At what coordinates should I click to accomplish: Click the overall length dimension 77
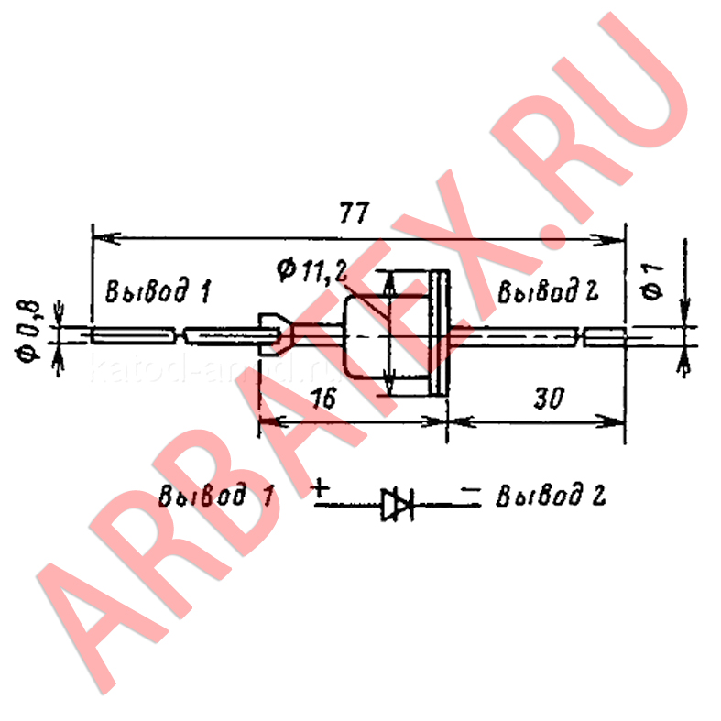click(x=354, y=213)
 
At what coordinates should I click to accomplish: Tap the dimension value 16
click(x=324, y=399)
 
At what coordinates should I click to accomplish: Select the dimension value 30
click(x=549, y=399)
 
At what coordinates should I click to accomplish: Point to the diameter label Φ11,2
click(x=312, y=270)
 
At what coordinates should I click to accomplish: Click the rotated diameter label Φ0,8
click(x=28, y=331)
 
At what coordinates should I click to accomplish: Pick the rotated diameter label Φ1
click(x=653, y=281)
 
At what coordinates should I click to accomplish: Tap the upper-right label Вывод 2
click(x=548, y=290)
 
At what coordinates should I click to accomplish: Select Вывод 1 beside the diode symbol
click(x=216, y=496)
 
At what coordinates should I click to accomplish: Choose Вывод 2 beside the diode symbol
click(x=551, y=496)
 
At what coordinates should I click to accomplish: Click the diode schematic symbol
click(x=398, y=505)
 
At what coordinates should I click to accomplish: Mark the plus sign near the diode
click(x=320, y=488)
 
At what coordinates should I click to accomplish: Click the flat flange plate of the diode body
click(x=439, y=333)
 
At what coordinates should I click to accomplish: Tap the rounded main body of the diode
click(x=388, y=337)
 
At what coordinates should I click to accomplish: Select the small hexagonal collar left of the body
click(x=275, y=334)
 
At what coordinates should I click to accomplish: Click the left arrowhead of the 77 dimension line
click(x=106, y=238)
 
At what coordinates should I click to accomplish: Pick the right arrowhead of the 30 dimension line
click(x=611, y=421)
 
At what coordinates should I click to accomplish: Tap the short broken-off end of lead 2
click(x=605, y=337)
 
